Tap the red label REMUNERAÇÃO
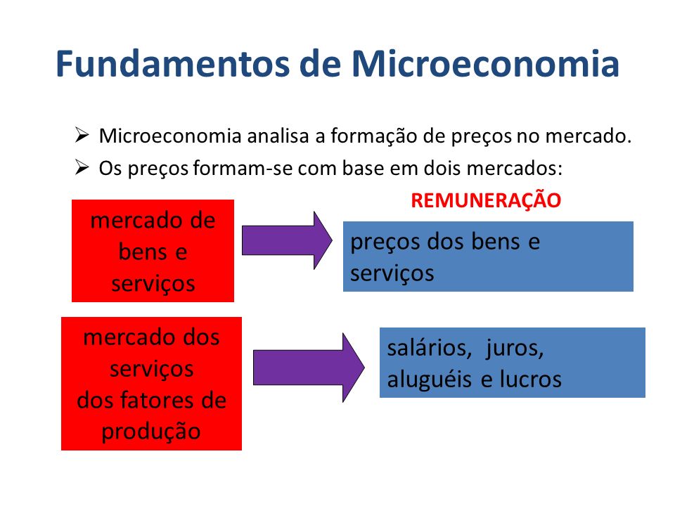point(486,200)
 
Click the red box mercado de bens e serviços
point(153,251)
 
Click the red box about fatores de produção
point(151,383)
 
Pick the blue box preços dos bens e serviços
point(488,257)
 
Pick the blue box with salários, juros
point(512,363)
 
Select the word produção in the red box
point(151,431)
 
